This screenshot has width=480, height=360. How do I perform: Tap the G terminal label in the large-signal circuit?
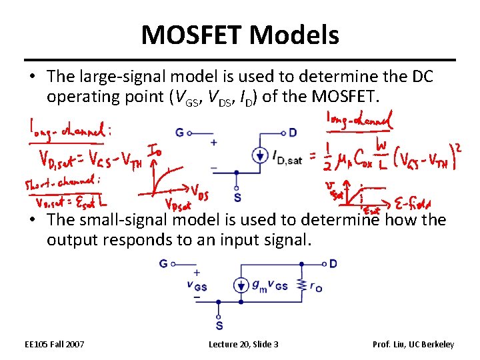(x=180, y=133)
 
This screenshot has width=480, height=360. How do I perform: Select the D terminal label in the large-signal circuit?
(x=293, y=133)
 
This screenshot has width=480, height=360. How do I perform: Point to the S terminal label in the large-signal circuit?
(x=238, y=198)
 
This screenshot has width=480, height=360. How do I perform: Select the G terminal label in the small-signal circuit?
(x=163, y=264)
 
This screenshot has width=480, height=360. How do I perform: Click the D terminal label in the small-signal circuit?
(x=333, y=264)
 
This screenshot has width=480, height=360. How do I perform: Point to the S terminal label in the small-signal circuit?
(x=219, y=325)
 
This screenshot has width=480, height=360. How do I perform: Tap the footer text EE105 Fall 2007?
(x=54, y=344)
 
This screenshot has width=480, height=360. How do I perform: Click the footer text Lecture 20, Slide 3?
(x=243, y=344)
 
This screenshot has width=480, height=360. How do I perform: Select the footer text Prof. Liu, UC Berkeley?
(x=413, y=344)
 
